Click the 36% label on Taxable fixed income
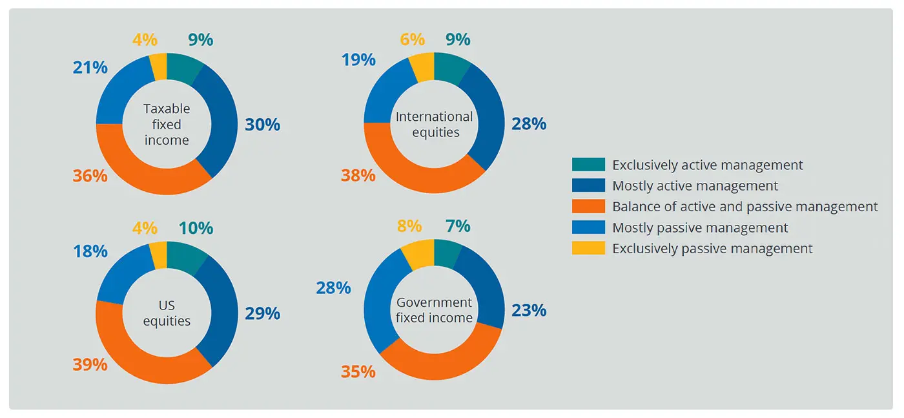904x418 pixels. coord(90,175)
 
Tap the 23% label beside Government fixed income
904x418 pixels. coord(529,310)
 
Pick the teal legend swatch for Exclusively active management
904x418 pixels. coord(588,165)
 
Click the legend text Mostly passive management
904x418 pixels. coord(700,227)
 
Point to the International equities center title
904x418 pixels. coord(434,124)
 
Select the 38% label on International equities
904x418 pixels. coord(358,175)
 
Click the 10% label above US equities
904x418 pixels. coord(196,228)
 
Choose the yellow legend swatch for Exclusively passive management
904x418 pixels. coord(588,248)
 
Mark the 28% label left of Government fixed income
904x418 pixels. coord(333,287)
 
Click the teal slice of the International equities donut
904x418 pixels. coord(451,67)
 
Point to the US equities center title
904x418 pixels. coord(167,313)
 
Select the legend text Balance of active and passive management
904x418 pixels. coord(745,207)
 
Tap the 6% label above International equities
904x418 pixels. coord(411,39)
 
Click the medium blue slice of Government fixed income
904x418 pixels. coord(378,297)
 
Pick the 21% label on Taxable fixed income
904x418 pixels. coord(90,67)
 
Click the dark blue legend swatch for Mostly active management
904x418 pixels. coord(588,186)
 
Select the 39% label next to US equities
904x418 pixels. coord(90,364)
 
